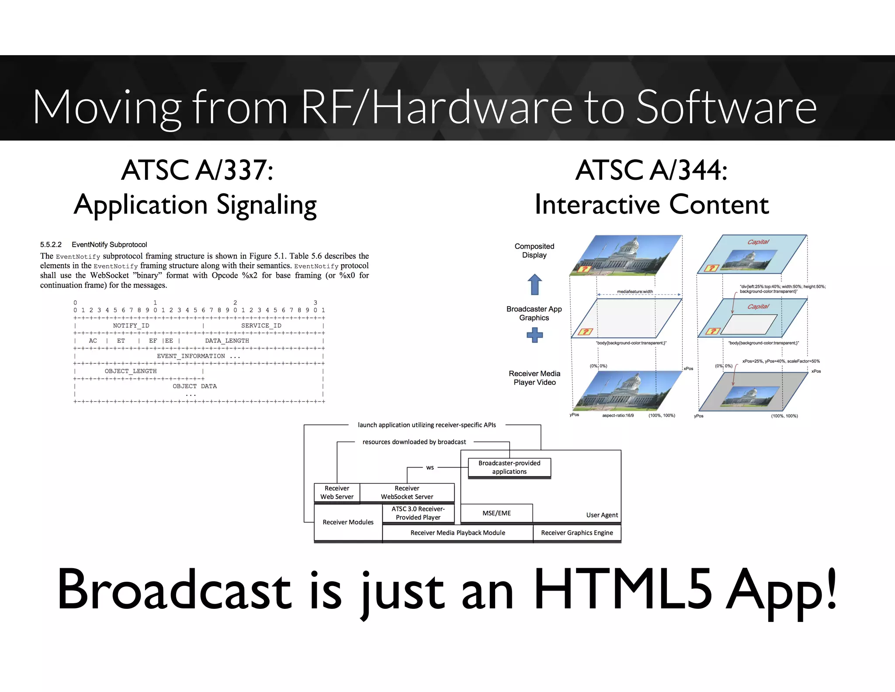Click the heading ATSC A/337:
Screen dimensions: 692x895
(x=197, y=170)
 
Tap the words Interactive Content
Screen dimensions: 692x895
(x=651, y=205)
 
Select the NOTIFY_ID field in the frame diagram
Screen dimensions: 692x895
(x=131, y=325)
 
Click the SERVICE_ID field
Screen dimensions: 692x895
(x=261, y=325)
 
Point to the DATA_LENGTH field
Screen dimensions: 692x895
(x=227, y=341)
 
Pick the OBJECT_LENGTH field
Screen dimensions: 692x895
(x=130, y=371)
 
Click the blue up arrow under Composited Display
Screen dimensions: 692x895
(x=534, y=284)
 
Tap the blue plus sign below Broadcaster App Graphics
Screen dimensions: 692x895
(x=534, y=336)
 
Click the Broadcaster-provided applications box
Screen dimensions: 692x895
(x=509, y=467)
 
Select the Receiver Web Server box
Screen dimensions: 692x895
(x=336, y=493)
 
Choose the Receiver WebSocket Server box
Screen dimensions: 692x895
(x=407, y=493)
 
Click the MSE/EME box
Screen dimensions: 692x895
(x=496, y=513)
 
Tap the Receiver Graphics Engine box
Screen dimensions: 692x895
(x=577, y=533)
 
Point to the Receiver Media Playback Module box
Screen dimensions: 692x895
(x=458, y=533)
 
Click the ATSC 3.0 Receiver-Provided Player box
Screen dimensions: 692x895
(x=418, y=513)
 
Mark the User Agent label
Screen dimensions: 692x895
(x=602, y=515)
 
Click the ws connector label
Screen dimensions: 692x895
(x=430, y=468)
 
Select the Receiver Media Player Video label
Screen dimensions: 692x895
(x=534, y=378)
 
